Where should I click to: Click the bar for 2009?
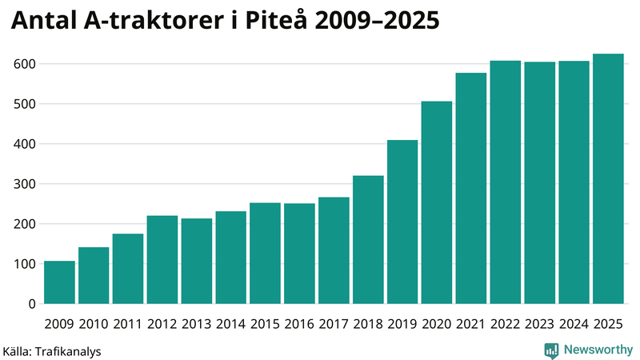click(x=59, y=282)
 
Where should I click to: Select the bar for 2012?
click(x=162, y=260)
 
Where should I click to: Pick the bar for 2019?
click(x=402, y=222)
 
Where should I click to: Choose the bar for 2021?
click(x=471, y=188)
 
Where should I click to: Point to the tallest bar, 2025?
click(x=608, y=178)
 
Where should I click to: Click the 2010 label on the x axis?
click(x=94, y=324)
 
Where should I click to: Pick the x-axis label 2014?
click(x=230, y=324)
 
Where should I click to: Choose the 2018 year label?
click(x=368, y=324)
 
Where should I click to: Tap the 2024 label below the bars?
click(x=574, y=324)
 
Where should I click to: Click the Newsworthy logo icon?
click(x=551, y=350)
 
